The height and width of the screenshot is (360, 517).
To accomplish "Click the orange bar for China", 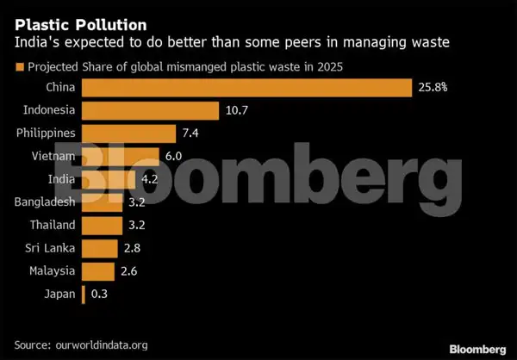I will pyautogui.click(x=246, y=87).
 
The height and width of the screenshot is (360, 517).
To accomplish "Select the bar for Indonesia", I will pyautogui.click(x=150, y=110).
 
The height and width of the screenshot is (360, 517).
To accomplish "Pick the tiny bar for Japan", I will pyautogui.click(x=83, y=295).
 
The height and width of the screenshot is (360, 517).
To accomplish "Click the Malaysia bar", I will pyautogui.click(x=97, y=272).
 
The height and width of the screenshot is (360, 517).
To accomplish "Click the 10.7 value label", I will pyautogui.click(x=237, y=110).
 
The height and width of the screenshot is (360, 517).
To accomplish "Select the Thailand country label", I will pyautogui.click(x=51, y=226).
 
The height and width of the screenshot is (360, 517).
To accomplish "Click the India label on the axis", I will pyautogui.click(x=61, y=179).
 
